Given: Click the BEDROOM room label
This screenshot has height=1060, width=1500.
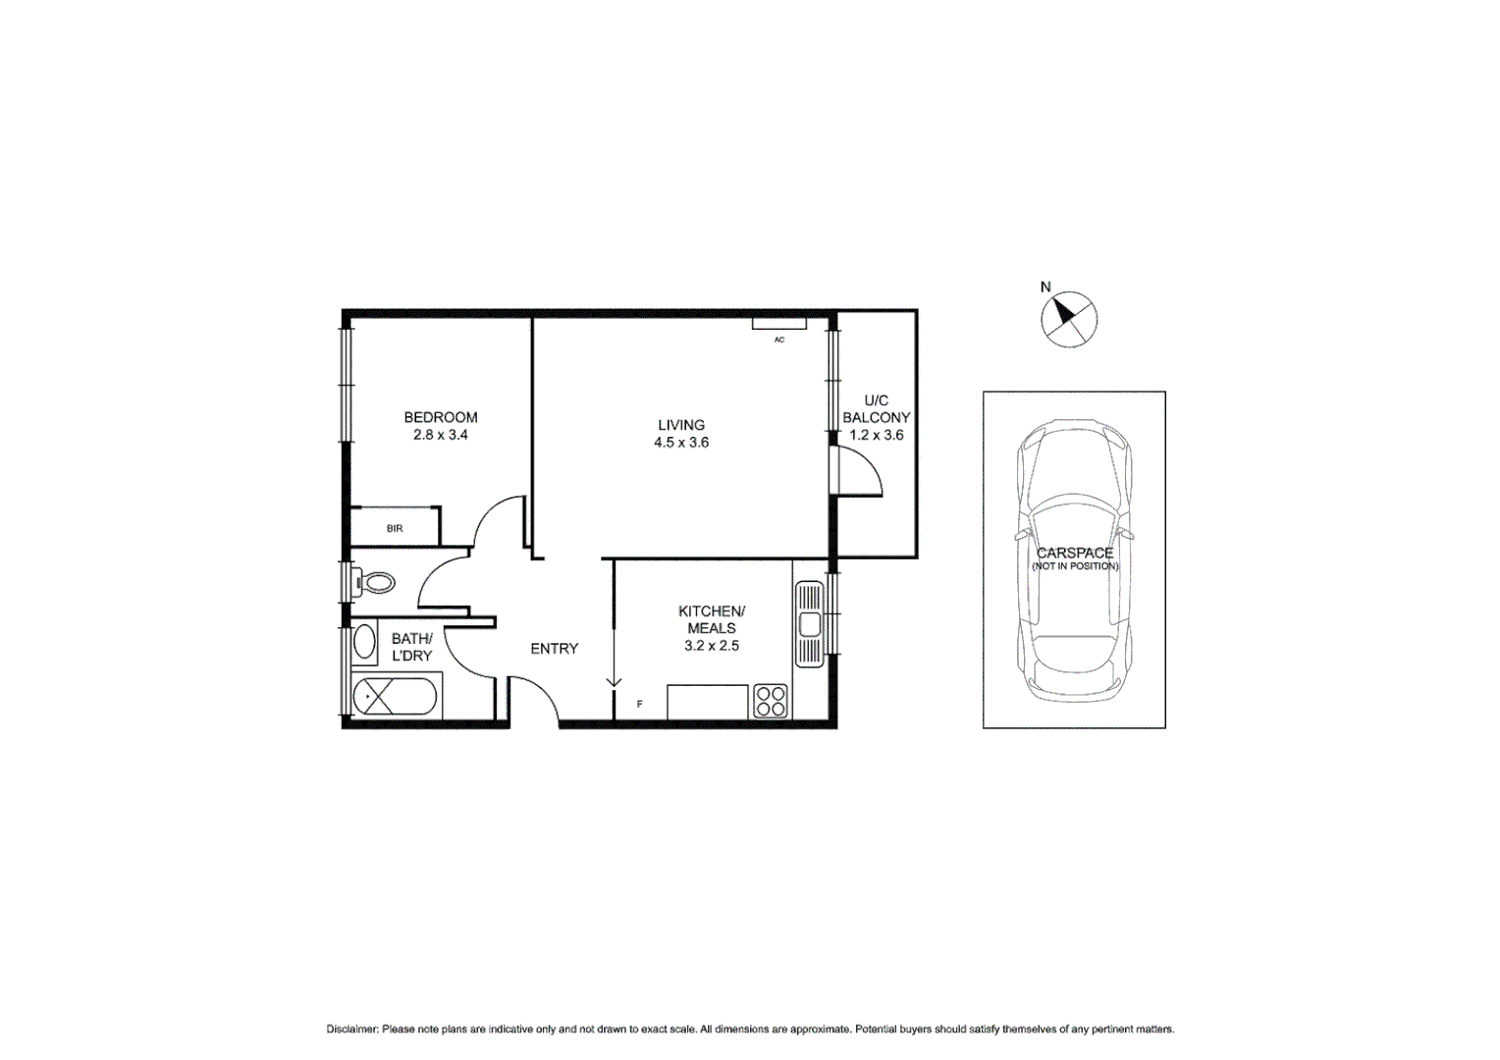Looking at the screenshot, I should [441, 417].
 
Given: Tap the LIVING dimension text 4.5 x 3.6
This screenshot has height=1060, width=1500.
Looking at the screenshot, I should [681, 443].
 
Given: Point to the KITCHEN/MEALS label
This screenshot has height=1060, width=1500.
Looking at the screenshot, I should [712, 619].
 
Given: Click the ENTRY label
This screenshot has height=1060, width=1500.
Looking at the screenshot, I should [554, 649].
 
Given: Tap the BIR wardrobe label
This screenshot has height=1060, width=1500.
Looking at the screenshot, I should [395, 529].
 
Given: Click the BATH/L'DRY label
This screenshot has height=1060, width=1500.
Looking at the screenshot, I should [411, 647].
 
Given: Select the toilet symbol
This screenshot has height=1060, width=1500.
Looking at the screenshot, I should [374, 583].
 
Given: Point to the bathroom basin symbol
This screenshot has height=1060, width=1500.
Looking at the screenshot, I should [364, 643].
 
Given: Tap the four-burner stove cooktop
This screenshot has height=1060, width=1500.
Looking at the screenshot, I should [771, 701].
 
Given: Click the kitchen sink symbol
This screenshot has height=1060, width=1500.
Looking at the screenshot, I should [809, 624].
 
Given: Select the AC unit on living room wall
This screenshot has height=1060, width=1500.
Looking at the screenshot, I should [779, 324].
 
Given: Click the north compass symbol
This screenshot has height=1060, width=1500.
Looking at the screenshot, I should [1068, 319].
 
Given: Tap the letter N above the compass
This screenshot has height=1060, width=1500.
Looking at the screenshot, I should [1045, 288].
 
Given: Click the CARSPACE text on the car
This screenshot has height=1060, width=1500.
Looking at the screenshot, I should [1075, 553].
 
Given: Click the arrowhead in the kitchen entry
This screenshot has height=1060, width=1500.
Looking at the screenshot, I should [614, 681].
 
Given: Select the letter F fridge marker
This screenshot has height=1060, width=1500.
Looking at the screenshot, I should [640, 704].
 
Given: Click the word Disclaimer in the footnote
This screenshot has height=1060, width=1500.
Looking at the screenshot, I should [351, 1030].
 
